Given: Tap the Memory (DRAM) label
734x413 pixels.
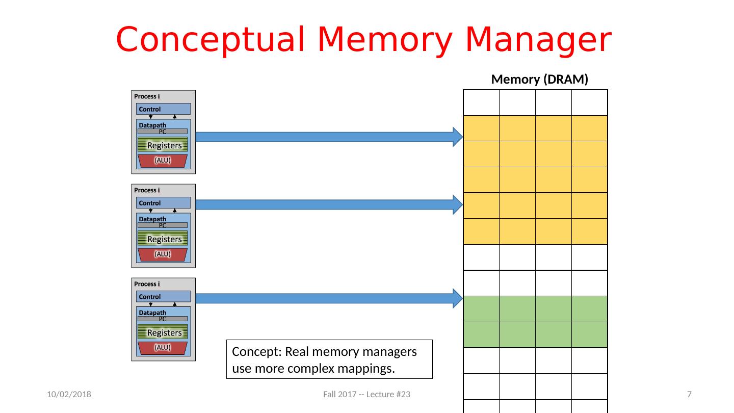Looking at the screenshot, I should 539,80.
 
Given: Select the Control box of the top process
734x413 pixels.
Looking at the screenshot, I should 163,109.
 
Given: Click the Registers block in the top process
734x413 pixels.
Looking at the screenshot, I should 163,145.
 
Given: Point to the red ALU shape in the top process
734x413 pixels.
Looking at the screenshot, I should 163,161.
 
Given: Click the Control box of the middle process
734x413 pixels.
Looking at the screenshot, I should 163,203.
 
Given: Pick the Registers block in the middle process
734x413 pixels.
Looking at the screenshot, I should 163,239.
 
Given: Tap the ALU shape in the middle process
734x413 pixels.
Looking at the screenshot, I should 163,254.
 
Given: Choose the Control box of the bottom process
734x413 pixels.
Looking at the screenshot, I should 163,297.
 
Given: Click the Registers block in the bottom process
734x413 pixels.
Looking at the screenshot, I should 163,332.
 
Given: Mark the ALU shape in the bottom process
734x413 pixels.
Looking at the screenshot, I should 163,348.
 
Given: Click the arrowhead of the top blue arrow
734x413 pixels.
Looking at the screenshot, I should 458,137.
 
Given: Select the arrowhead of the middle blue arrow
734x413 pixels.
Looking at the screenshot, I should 458,204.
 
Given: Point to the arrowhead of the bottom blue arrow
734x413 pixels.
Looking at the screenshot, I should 458,298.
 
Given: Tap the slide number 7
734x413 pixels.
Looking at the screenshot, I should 689,395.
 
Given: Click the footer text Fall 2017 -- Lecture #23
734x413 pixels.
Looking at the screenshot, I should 367,395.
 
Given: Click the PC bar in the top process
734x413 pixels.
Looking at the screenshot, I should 163,132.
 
